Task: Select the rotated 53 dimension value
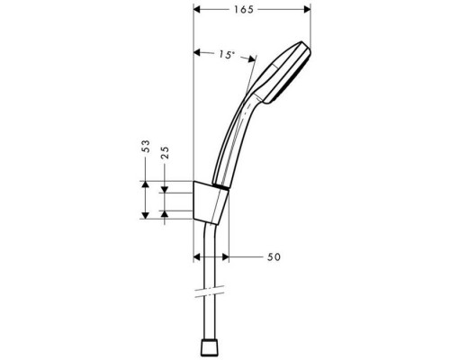coord(145,148)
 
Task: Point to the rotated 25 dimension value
coord(164,154)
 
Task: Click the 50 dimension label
coord(274,257)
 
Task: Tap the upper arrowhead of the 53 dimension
coord(145,184)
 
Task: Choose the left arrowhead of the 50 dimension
coord(199,257)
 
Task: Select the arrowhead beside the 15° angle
coord(199,53)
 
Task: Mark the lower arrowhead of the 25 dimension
coord(164,211)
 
